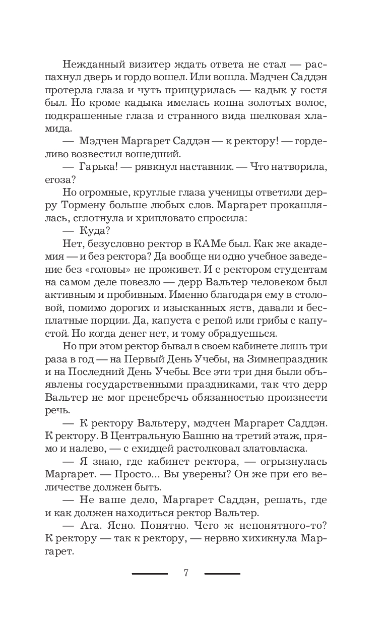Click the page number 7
pos(186,574)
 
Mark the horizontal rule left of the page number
pos(150,574)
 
